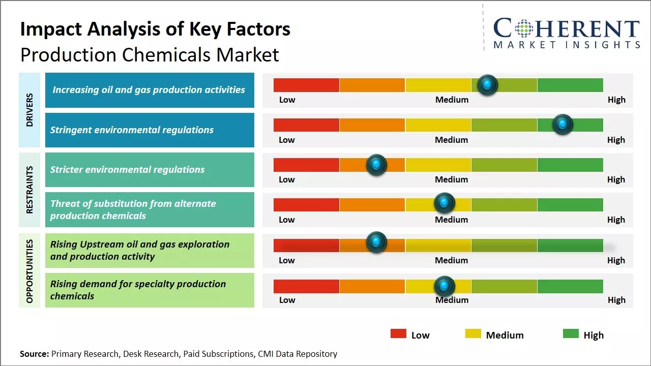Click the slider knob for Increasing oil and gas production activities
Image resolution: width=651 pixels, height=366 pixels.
487,85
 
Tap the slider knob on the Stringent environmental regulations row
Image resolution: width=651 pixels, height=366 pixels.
563,125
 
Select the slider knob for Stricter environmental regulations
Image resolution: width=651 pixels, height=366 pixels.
376,165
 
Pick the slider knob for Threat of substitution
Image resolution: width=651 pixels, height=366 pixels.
445,203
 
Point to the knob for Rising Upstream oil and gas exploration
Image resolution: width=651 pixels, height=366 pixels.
376,242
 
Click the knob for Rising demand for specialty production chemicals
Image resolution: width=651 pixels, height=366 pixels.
445,286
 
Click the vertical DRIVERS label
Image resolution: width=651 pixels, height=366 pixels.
29,110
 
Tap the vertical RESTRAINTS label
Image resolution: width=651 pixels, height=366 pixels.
29,190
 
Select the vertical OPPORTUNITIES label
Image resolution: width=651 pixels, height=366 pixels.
29,271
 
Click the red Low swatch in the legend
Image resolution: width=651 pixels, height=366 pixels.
398,334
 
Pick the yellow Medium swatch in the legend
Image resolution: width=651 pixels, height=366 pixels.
473,334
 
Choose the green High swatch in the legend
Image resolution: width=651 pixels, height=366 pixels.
571,334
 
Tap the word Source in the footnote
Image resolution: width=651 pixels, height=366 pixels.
34,354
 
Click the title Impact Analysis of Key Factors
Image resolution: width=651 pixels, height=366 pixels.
155,29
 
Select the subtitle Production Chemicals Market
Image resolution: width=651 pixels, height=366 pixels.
150,54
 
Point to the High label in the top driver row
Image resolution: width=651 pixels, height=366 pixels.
616,100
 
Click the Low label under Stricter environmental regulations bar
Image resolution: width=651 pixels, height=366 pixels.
287,179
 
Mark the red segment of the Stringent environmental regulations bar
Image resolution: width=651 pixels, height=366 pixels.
306,125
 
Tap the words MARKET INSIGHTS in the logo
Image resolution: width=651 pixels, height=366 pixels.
567,45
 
